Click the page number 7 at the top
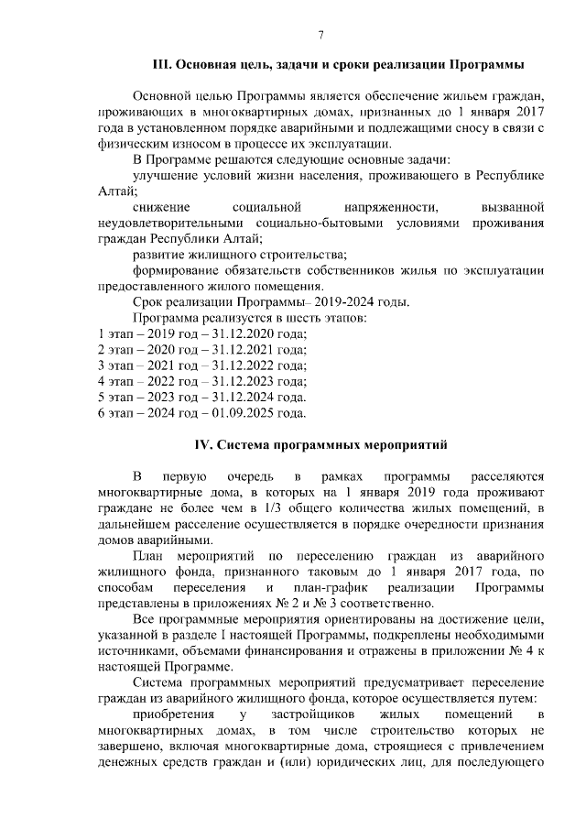point(321,35)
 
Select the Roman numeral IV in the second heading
point(202,445)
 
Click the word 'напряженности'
point(385,207)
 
